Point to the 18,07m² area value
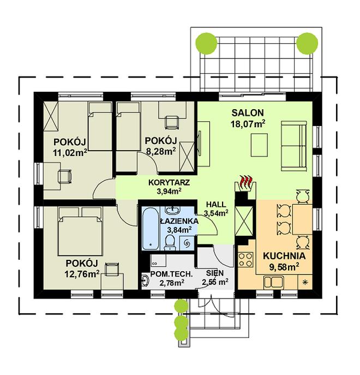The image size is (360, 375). click(x=248, y=123)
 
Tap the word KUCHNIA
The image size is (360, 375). click(x=284, y=256)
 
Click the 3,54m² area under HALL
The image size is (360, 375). click(x=216, y=213)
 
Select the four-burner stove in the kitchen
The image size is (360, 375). click(x=247, y=259)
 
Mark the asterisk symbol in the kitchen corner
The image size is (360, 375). click(x=305, y=282)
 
